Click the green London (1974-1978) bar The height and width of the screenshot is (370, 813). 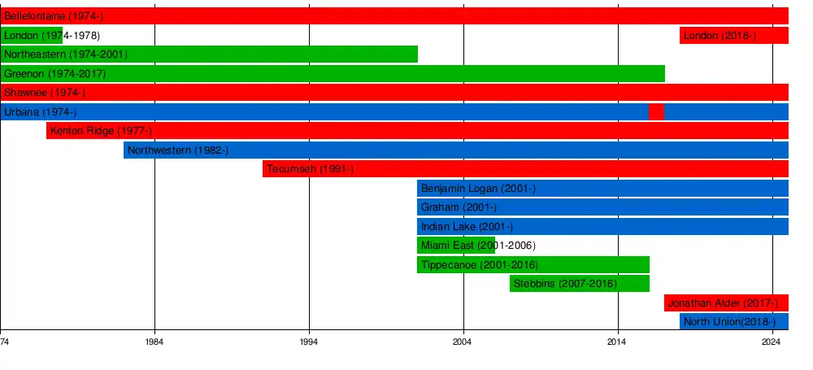pos(31,35)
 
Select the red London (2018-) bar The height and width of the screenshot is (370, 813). pos(733,35)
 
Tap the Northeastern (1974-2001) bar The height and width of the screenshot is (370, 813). pos(209,54)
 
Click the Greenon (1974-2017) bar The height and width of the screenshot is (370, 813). pos(333,73)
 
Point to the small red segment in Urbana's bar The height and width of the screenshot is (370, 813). pos(656,111)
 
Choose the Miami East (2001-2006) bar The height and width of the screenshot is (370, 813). pos(456,246)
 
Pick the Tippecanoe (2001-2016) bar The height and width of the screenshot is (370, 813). pos(533,264)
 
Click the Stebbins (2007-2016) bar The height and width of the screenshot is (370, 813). pos(580,283)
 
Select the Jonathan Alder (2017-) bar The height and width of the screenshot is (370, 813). pos(726,303)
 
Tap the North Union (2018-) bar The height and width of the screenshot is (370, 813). pos(734,321)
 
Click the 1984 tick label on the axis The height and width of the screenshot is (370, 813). pos(154,342)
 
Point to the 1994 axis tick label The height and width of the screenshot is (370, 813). pos(309,342)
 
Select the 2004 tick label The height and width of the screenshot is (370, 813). pos(463,342)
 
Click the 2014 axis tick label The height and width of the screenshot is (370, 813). pos(618,342)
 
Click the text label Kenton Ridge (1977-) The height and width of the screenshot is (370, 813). pos(101,131)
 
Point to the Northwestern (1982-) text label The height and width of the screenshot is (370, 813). pos(178,150)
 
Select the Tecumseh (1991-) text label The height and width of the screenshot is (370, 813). pos(310,169)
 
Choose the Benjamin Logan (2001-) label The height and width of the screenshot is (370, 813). pos(478,189)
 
